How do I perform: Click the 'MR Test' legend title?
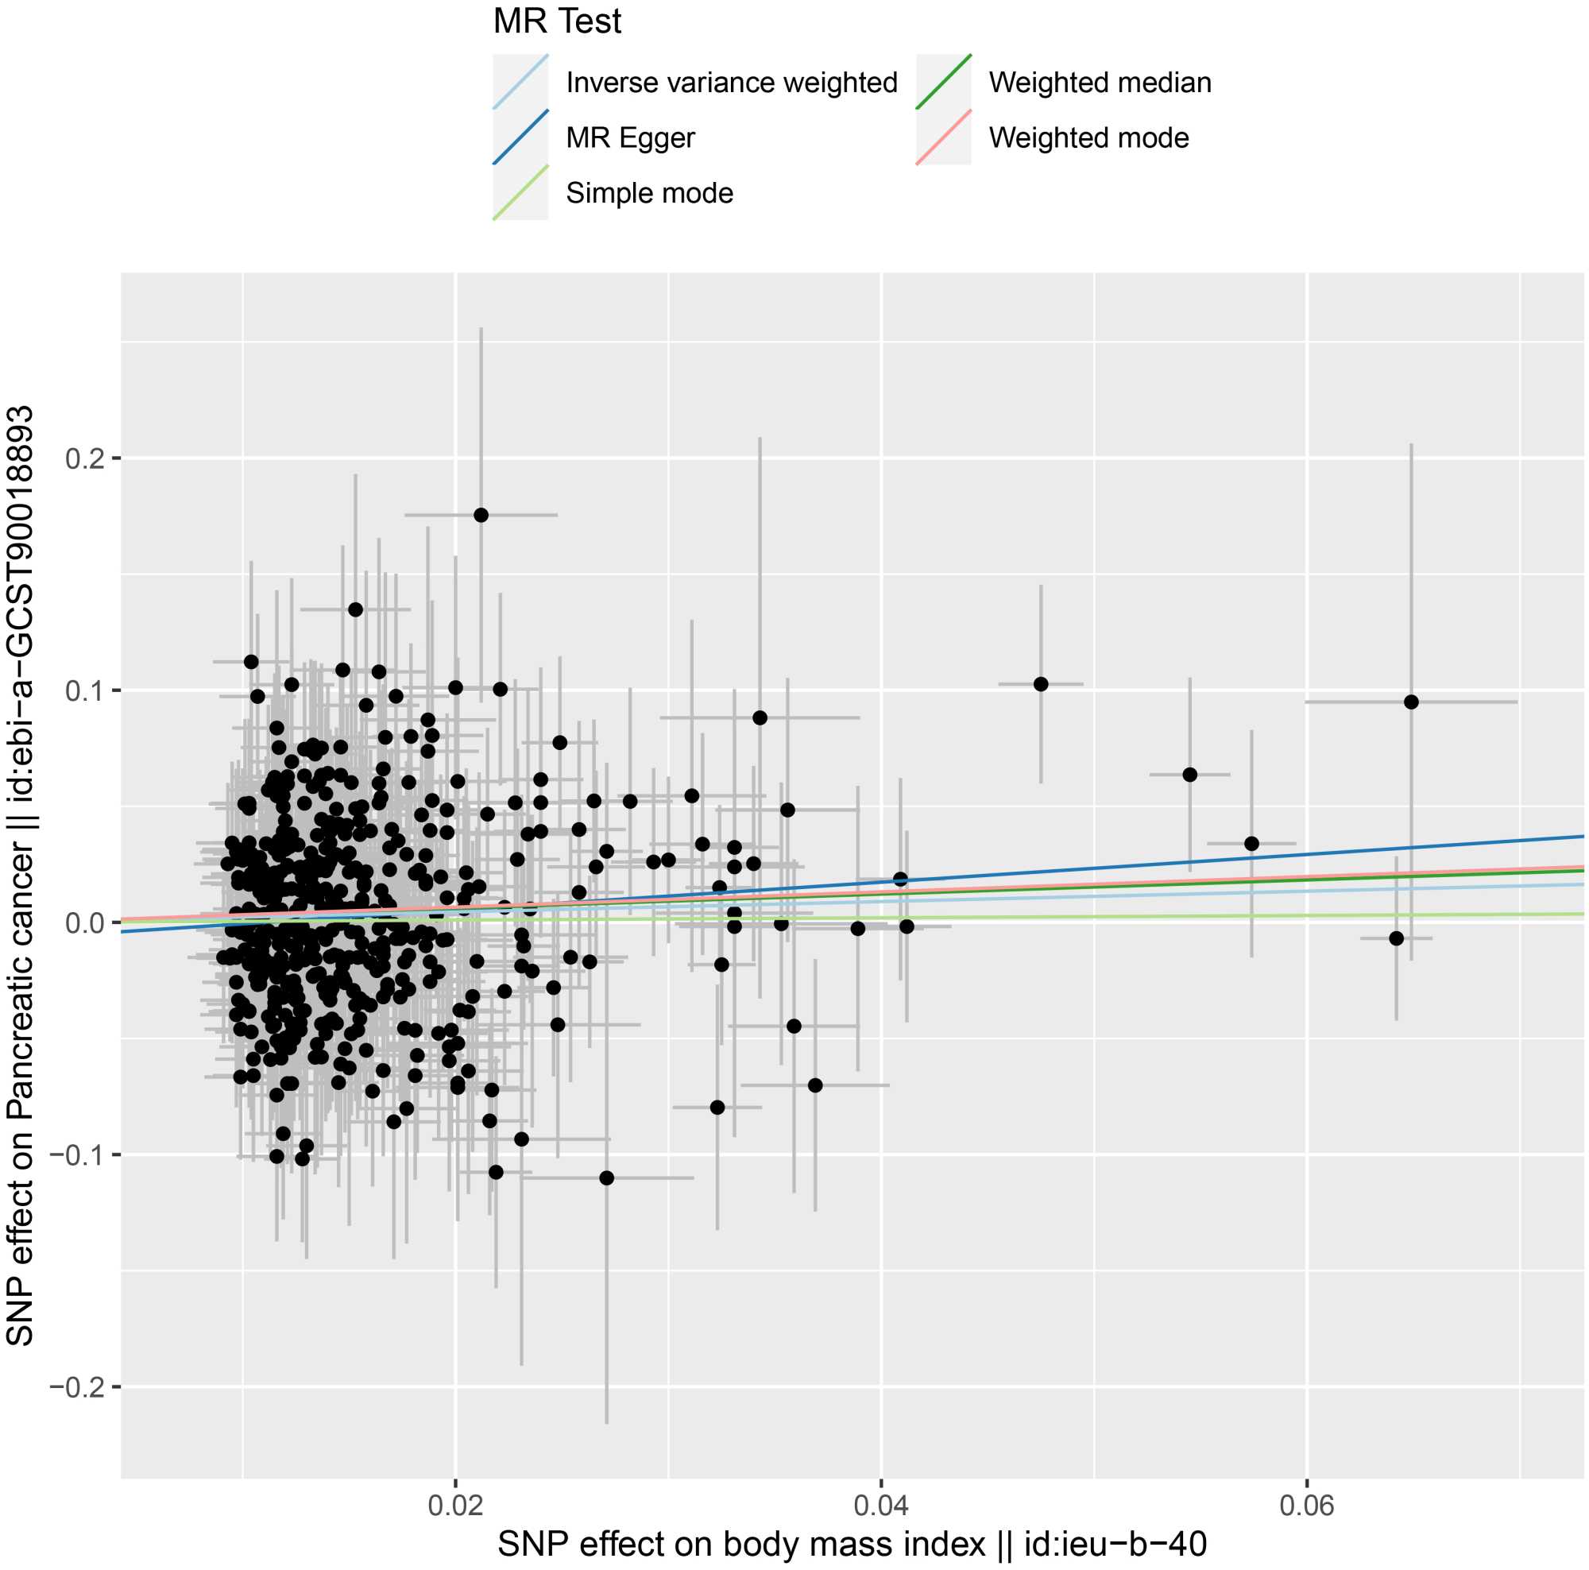(557, 21)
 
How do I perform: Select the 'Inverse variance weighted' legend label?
(731, 83)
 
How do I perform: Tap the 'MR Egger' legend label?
(630, 137)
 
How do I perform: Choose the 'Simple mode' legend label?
(649, 192)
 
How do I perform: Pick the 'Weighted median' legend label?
(1100, 83)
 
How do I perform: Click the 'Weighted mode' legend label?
(1088, 137)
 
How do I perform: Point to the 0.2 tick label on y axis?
(87, 458)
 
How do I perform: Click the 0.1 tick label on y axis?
(87, 690)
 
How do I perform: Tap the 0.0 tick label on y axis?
(87, 922)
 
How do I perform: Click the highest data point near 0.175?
(481, 515)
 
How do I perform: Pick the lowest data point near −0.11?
(607, 1177)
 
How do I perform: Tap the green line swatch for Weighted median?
(943, 83)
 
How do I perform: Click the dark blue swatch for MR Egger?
(520, 137)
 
